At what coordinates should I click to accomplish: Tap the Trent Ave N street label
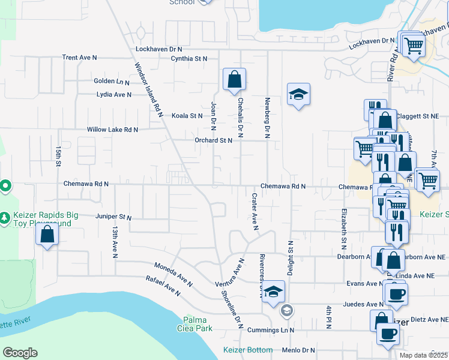tap(79, 58)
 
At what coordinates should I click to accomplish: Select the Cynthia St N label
tap(188, 59)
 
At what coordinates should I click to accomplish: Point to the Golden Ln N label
tap(112, 81)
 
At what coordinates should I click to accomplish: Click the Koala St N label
tap(188, 116)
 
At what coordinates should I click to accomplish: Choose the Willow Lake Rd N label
tap(112, 130)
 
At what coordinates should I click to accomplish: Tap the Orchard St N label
tap(212, 140)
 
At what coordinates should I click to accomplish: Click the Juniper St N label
tap(113, 216)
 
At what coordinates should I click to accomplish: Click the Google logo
tap(20, 353)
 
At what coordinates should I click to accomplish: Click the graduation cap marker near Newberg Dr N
tap(298, 94)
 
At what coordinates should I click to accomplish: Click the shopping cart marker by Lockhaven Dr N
tap(412, 44)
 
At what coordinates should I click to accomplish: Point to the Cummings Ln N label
tap(274, 330)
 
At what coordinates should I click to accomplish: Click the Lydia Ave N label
tap(114, 95)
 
